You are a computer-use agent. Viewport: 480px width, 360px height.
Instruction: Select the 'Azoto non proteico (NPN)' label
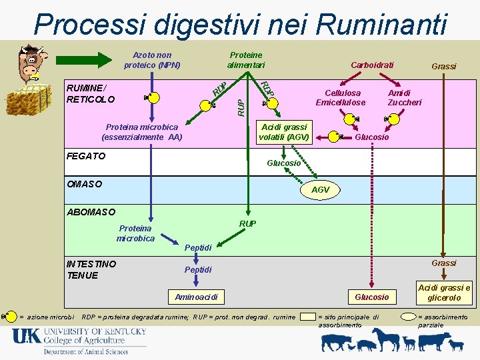[152, 60]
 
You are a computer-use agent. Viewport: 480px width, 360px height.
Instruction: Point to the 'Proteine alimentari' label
[245, 60]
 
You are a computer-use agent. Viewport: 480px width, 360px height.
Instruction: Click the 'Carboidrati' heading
[372, 65]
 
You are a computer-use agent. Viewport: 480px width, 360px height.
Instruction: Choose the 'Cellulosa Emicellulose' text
[341, 98]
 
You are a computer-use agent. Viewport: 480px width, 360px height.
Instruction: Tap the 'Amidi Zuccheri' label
[405, 98]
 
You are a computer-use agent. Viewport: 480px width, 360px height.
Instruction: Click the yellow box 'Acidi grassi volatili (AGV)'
[285, 132]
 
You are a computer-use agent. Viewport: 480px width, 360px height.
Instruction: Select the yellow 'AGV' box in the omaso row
[320, 190]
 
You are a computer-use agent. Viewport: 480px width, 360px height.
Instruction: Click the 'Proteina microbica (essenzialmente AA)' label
[141, 132]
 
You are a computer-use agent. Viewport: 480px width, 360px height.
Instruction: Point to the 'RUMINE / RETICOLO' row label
[91, 93]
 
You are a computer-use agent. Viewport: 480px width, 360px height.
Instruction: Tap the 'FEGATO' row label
[86, 156]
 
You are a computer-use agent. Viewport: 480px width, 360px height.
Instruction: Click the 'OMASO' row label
[84, 183]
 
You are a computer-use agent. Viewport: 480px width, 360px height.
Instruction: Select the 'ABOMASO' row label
[91, 212]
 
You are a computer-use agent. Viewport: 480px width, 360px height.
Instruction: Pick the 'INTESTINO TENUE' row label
[91, 269]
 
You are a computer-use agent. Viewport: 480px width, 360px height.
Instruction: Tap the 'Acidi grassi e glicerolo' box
[443, 293]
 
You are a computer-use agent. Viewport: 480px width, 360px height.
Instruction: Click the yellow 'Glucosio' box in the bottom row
[371, 297]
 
